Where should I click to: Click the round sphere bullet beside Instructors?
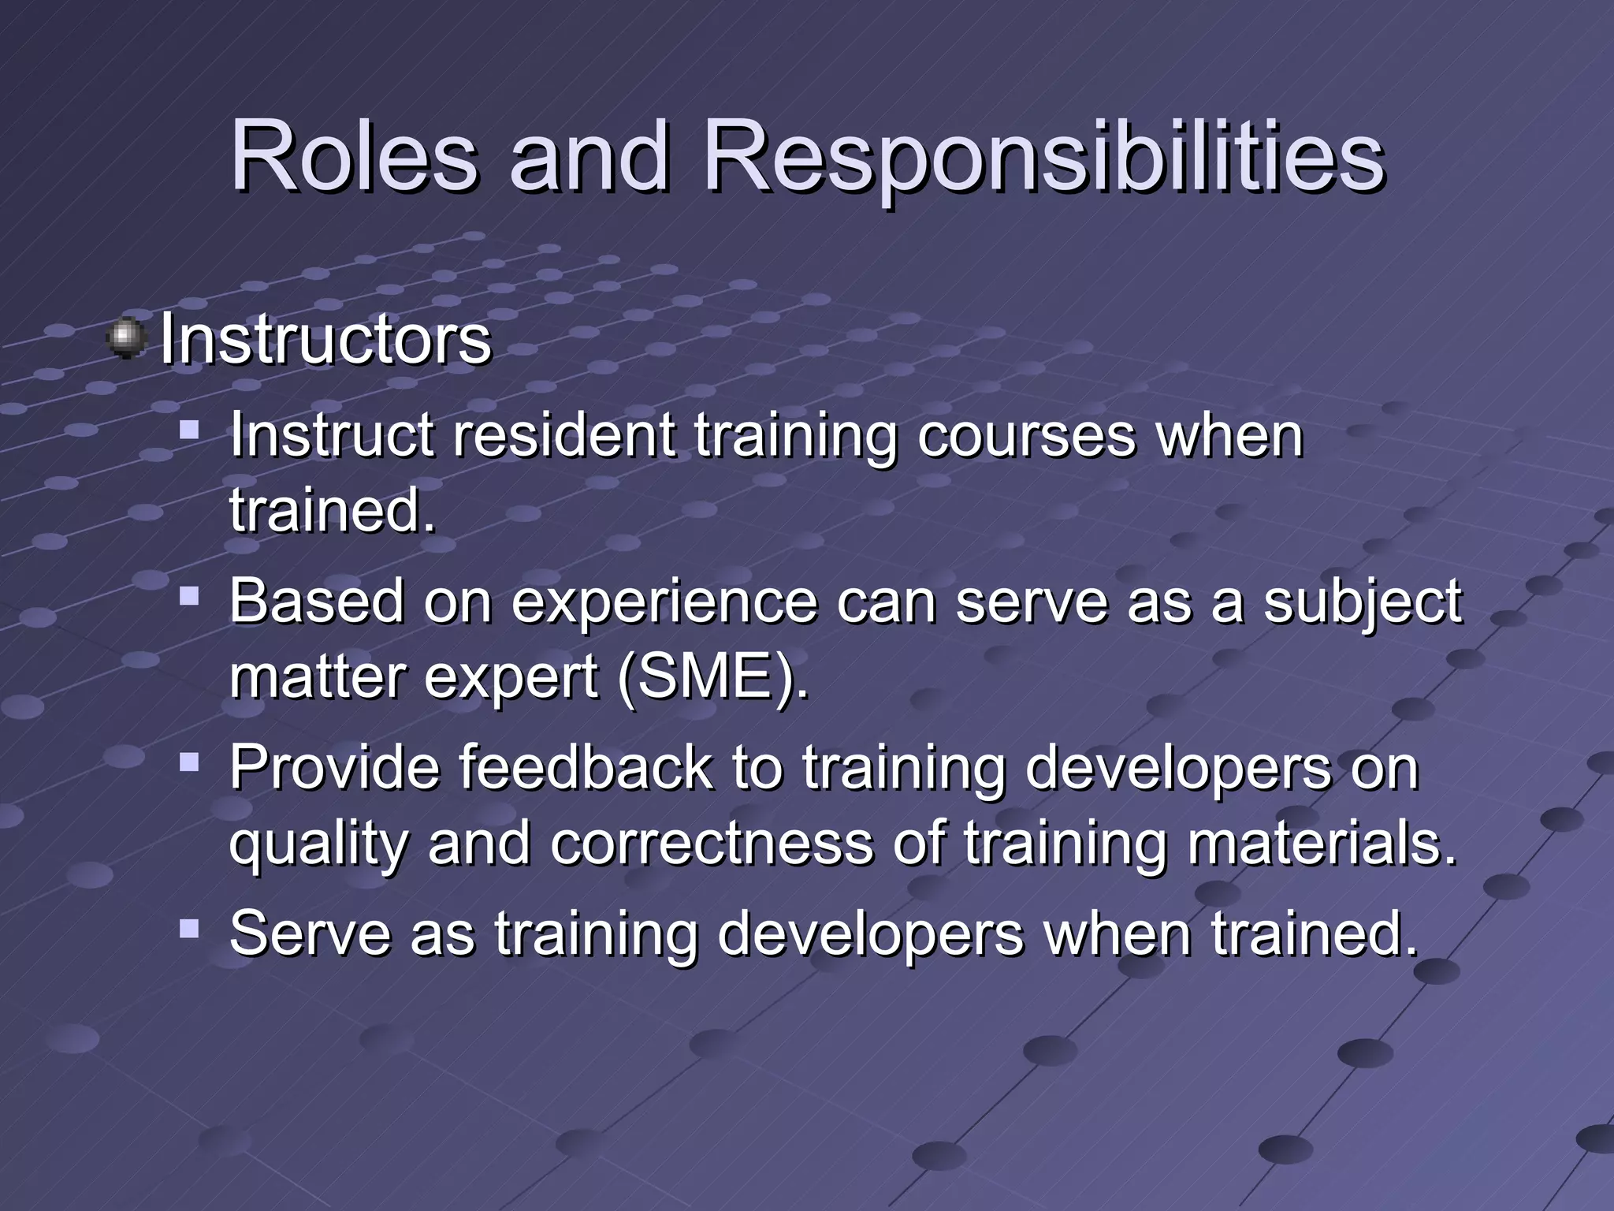click(126, 339)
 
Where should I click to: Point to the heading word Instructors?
click(325, 340)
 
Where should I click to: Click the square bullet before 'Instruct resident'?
click(189, 430)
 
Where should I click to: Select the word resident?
click(564, 435)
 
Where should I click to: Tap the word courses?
click(1026, 437)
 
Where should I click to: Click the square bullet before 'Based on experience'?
click(189, 596)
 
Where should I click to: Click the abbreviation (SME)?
click(713, 677)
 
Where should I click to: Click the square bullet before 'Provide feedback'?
click(189, 762)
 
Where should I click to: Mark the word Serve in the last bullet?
click(310, 933)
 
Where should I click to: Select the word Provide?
click(334, 767)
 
